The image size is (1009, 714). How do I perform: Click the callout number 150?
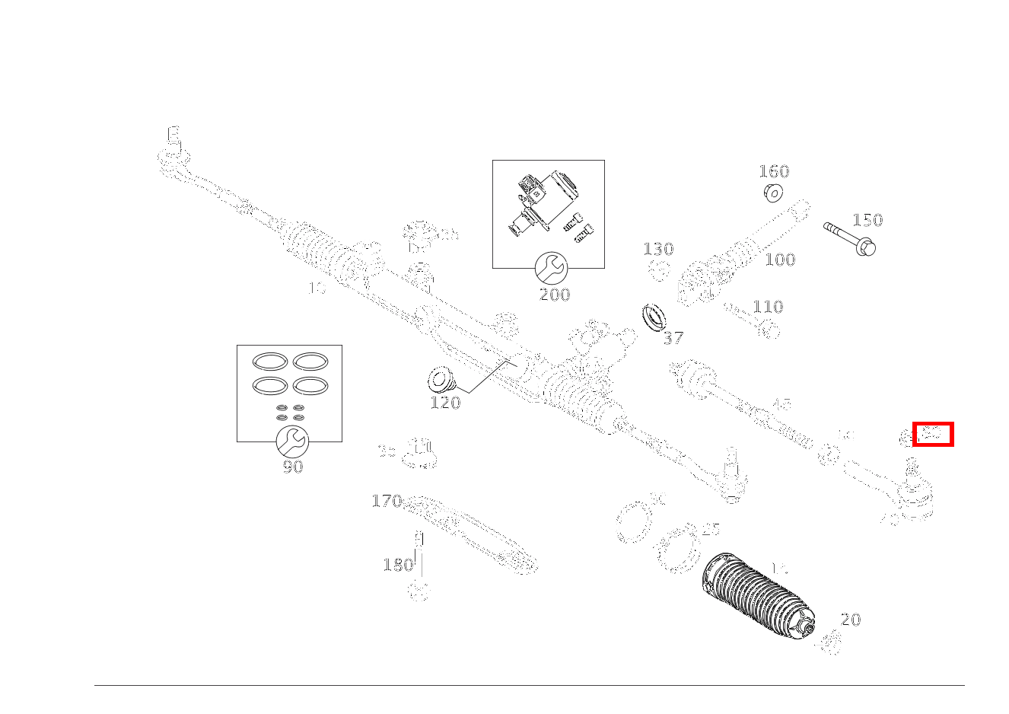(867, 221)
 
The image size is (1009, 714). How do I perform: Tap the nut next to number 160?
(773, 193)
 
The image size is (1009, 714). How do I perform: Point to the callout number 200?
(554, 295)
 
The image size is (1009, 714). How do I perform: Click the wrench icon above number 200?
(550, 268)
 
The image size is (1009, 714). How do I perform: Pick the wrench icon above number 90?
(290, 441)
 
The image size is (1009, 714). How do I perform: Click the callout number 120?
(445, 403)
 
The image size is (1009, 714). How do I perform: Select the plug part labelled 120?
(439, 378)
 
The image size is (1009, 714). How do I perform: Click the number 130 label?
(658, 249)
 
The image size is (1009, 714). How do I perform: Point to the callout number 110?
(768, 307)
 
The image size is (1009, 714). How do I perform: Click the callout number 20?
(851, 620)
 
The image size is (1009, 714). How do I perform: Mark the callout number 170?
(387, 501)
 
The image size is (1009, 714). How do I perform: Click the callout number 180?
(398, 565)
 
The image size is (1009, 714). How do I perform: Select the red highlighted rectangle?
(933, 435)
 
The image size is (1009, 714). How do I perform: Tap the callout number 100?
(780, 260)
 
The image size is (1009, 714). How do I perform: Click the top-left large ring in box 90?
(269, 362)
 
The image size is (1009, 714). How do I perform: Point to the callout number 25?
(710, 529)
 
